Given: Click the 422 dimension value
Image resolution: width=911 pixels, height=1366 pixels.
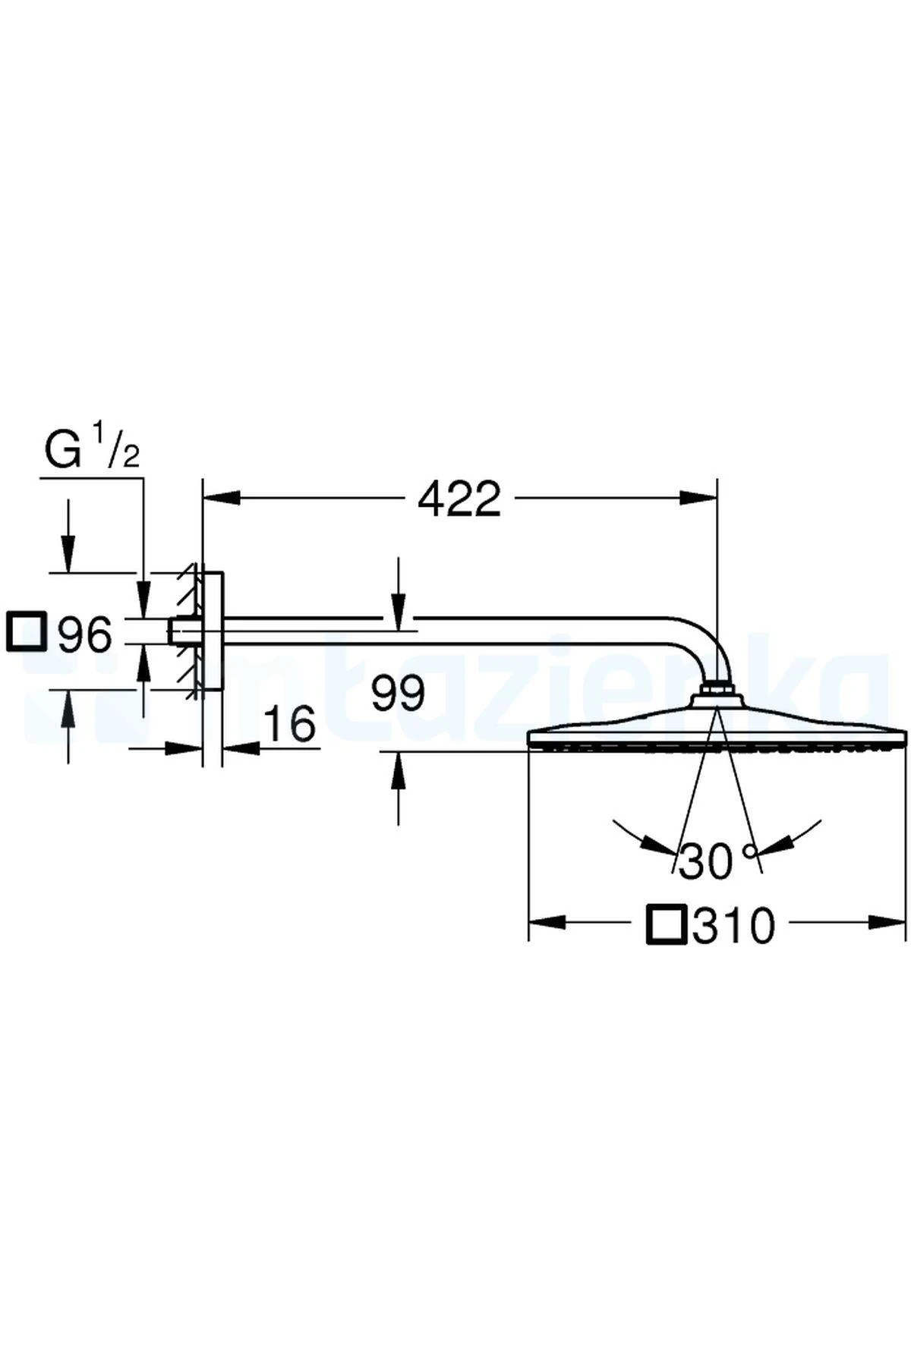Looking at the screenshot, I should point(459,499).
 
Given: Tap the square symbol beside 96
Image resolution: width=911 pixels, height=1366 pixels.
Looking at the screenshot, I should point(25,631).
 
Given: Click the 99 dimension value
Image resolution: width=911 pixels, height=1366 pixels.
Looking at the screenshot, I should point(399,693).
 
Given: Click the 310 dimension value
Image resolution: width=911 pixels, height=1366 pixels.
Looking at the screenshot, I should point(733,925).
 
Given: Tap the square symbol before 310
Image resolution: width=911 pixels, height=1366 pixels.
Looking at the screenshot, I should point(666,924).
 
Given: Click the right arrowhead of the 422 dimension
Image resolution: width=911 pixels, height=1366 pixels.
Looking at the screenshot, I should point(698,498).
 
